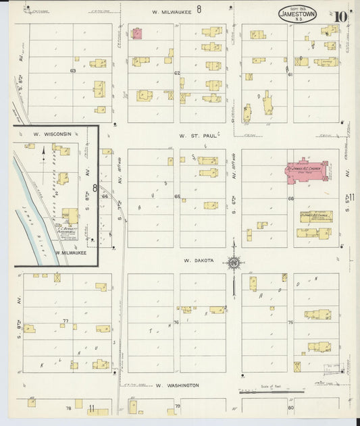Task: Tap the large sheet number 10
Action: point(340,16)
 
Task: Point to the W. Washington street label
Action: point(177,385)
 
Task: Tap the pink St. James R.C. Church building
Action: point(305,171)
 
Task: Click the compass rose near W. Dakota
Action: point(234,263)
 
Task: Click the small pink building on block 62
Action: point(136,33)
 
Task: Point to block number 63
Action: point(72,70)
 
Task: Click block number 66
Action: point(291,198)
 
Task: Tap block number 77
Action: point(66,321)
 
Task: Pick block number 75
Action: point(290,323)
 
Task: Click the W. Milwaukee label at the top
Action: point(170,11)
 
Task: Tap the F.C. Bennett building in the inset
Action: point(70,216)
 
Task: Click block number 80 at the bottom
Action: point(290,408)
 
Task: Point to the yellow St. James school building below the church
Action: point(315,217)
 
